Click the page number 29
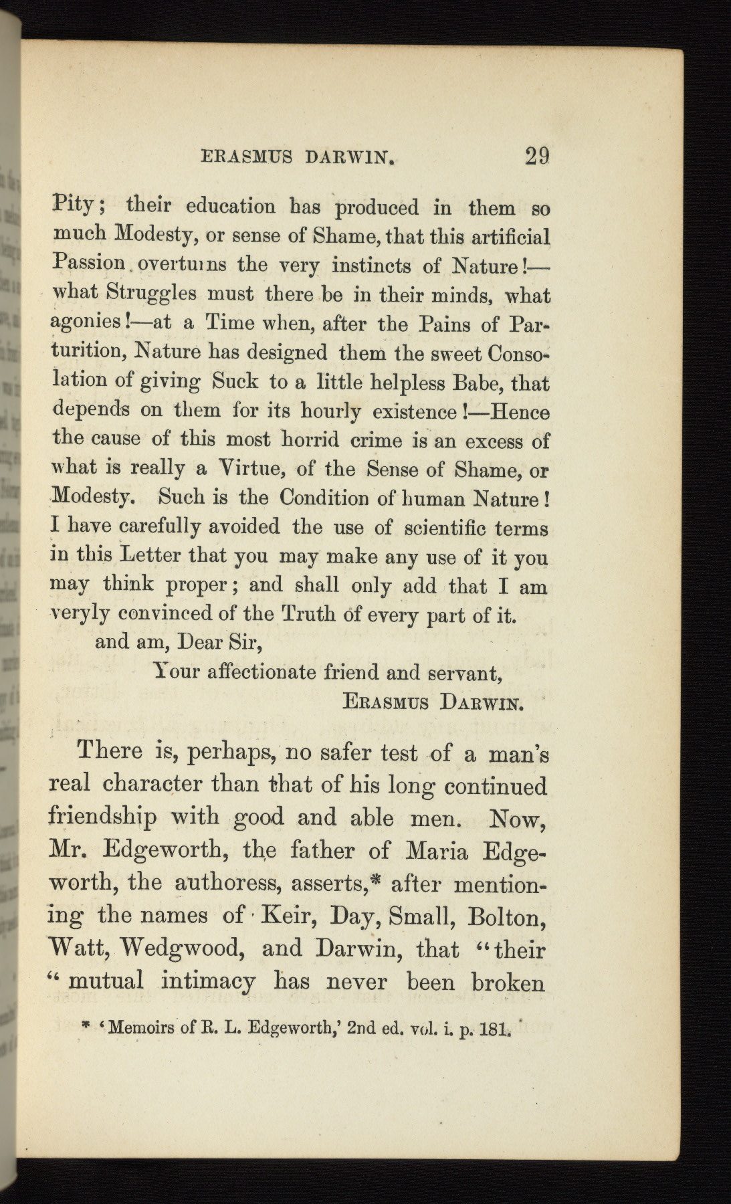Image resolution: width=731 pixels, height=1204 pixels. point(537,157)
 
